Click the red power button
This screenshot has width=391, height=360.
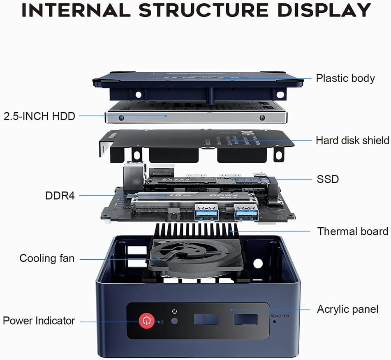(x=146, y=321)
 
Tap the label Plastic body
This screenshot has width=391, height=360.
(x=345, y=78)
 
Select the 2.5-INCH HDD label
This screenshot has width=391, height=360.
(x=39, y=116)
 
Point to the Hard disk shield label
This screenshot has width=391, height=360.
(x=352, y=141)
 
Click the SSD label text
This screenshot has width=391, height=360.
(x=328, y=179)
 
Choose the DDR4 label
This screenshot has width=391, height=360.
(x=60, y=196)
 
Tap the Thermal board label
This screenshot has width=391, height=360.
(x=352, y=231)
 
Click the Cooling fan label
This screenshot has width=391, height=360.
(x=47, y=258)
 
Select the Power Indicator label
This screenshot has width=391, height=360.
(x=39, y=321)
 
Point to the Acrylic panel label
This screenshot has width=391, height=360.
(x=347, y=309)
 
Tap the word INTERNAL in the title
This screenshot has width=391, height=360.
(x=77, y=10)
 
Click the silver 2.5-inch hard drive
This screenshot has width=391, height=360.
(x=193, y=116)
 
